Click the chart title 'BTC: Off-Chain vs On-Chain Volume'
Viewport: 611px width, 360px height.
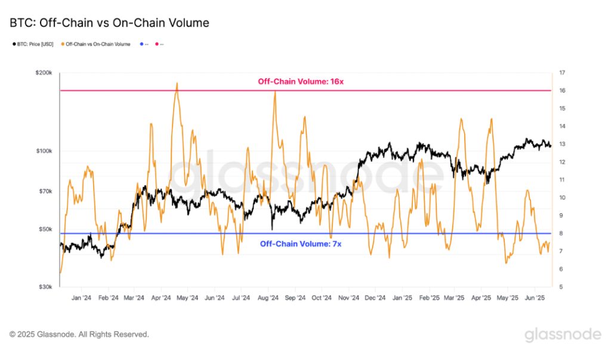click(x=109, y=23)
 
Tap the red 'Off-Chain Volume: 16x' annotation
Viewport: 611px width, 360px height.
click(x=300, y=81)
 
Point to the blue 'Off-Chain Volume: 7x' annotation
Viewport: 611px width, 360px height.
click(x=300, y=244)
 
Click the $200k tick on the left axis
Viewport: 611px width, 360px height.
click(x=45, y=73)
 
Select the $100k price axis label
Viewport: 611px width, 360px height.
click(x=45, y=151)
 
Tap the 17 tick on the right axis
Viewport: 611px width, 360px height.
click(x=561, y=73)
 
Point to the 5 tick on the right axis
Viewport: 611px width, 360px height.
click(x=560, y=287)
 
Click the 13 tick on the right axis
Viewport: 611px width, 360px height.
click(x=561, y=144)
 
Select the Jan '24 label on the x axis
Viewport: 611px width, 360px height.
click(x=81, y=297)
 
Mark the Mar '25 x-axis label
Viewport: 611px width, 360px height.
click(x=455, y=297)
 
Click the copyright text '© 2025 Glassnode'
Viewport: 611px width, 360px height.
click(x=79, y=334)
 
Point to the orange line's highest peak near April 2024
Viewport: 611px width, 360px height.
click(x=177, y=84)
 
